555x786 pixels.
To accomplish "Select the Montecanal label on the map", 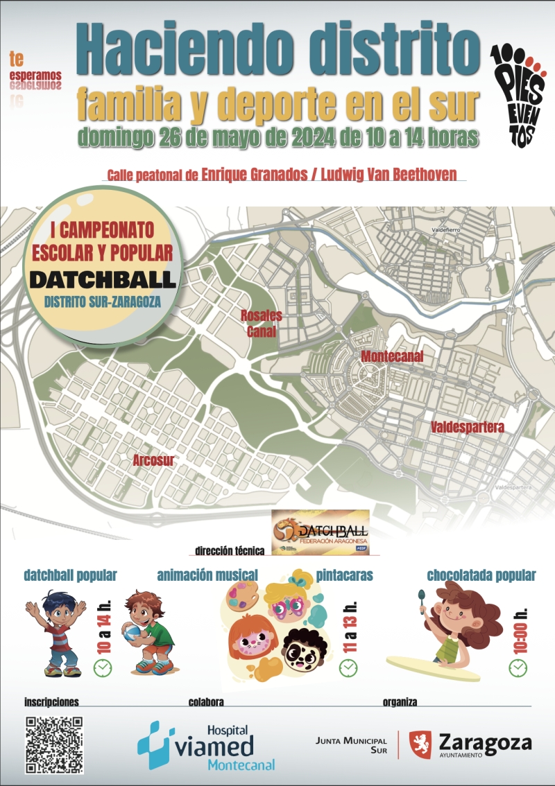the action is point(392,356).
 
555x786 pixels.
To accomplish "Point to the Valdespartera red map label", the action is point(467,426).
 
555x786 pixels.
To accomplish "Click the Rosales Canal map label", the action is point(262,324).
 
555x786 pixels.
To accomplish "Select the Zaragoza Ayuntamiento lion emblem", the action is point(420,744).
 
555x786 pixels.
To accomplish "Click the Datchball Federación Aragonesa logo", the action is point(321,532).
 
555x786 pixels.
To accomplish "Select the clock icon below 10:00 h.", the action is point(518,667).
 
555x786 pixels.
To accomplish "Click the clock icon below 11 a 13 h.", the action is point(348,667).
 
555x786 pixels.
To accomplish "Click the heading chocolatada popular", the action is point(481,575).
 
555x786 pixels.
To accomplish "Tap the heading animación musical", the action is point(207,575).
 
